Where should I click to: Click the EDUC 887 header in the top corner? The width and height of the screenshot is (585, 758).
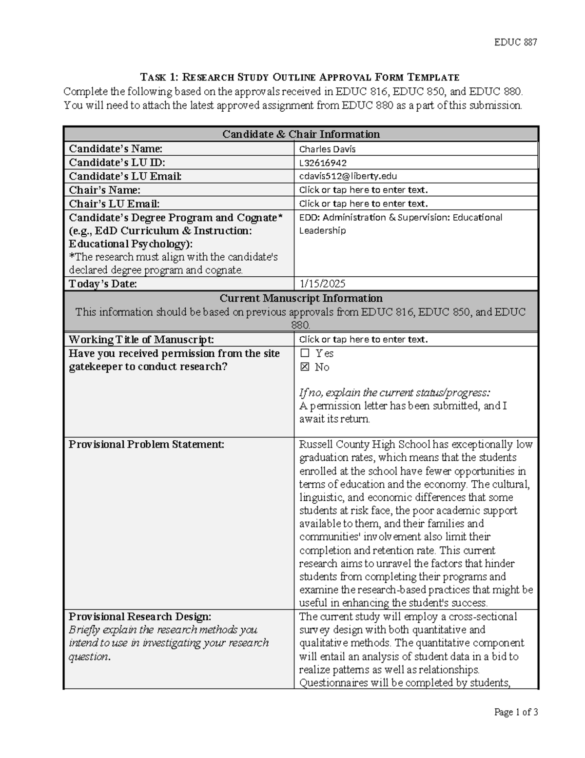[x=515, y=42]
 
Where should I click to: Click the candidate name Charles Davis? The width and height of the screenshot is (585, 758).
[x=327, y=149]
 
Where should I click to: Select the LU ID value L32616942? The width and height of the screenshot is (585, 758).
[x=323, y=163]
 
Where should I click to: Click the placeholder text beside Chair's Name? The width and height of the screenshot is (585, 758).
[x=363, y=190]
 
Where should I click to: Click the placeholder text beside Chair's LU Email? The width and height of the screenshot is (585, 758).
[x=363, y=204]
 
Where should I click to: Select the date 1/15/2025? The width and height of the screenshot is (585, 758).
[x=322, y=284]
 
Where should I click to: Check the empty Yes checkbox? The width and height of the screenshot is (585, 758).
[x=305, y=353]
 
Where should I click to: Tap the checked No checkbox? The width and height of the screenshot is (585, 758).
[x=305, y=367]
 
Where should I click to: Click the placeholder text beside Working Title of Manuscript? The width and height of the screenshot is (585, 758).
[x=363, y=339]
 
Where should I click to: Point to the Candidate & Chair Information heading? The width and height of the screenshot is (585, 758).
[x=301, y=134]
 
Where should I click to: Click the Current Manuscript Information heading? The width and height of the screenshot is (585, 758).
[x=301, y=298]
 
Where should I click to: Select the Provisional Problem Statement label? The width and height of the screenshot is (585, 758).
[x=146, y=444]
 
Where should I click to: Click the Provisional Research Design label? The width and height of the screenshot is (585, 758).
[x=140, y=616]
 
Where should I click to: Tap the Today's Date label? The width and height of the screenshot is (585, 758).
[x=103, y=284]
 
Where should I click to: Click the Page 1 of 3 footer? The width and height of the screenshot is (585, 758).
[x=516, y=712]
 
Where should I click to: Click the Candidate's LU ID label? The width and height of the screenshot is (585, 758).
[x=117, y=163]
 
